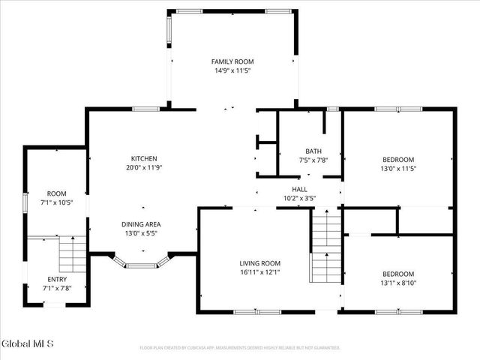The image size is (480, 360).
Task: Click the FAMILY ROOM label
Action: [x=232, y=61]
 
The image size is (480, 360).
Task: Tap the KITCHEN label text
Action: [x=144, y=158]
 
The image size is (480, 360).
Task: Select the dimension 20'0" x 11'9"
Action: [x=144, y=168]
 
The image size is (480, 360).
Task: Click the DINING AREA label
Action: [x=141, y=224]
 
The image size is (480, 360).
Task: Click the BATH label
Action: [x=313, y=151]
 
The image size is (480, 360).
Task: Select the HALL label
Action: [x=299, y=189]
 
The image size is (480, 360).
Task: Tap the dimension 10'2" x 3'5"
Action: [x=299, y=199]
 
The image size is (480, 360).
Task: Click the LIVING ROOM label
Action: [x=259, y=262]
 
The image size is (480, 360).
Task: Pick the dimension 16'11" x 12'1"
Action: [x=259, y=272]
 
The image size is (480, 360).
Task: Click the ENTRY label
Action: [x=57, y=279]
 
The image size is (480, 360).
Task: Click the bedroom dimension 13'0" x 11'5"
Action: [x=398, y=169]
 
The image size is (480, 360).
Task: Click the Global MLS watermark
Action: [x=28, y=344]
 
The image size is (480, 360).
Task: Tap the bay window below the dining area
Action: [x=140, y=263]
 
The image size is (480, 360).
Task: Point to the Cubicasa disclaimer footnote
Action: [x=240, y=348]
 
